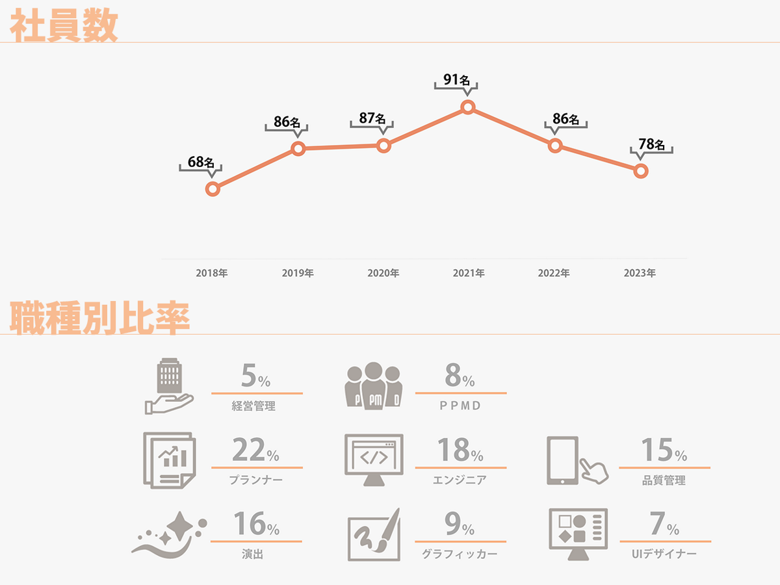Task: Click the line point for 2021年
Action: click(x=467, y=107)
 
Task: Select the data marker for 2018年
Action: click(x=212, y=189)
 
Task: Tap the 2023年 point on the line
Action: click(x=640, y=171)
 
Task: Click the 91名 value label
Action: click(x=456, y=80)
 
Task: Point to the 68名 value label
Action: click(x=201, y=162)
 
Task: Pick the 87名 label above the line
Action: click(x=372, y=119)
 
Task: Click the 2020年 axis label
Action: click(x=383, y=274)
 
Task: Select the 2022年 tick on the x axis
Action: click(x=554, y=274)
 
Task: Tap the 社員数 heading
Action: click(x=64, y=27)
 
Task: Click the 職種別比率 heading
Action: click(x=99, y=318)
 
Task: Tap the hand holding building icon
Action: click(x=169, y=387)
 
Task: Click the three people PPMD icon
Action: click(x=373, y=385)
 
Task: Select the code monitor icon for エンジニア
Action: click(x=373, y=460)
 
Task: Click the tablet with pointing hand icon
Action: click(x=576, y=460)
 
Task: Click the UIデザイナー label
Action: click(x=664, y=554)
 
